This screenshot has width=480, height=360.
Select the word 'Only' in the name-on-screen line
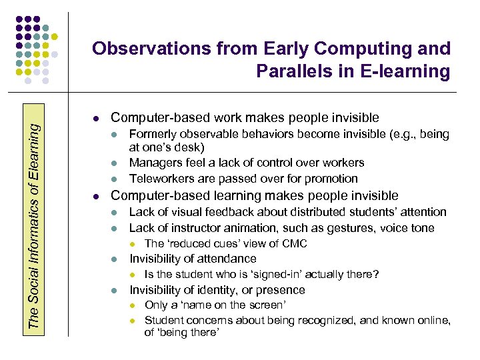pyautogui.click(x=155, y=305)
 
